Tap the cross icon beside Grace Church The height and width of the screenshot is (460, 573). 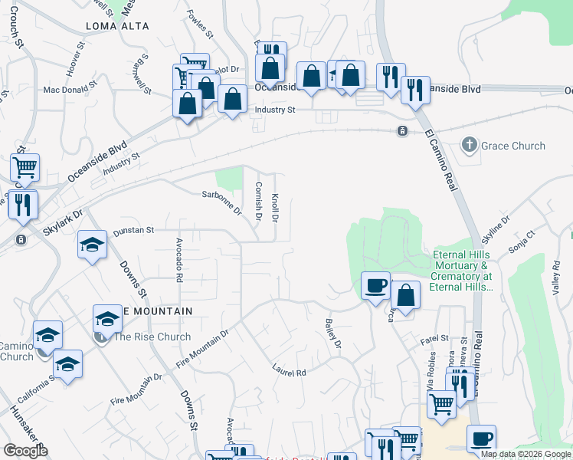[469, 145]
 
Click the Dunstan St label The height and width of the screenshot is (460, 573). [134, 230]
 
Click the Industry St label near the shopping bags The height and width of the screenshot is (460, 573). [274, 110]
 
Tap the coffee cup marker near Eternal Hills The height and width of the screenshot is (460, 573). [375, 286]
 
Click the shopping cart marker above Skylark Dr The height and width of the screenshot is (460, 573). [25, 167]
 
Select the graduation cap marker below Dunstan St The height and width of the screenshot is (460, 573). [92, 245]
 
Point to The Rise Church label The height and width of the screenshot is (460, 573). [152, 337]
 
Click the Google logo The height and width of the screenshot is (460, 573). [26, 450]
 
